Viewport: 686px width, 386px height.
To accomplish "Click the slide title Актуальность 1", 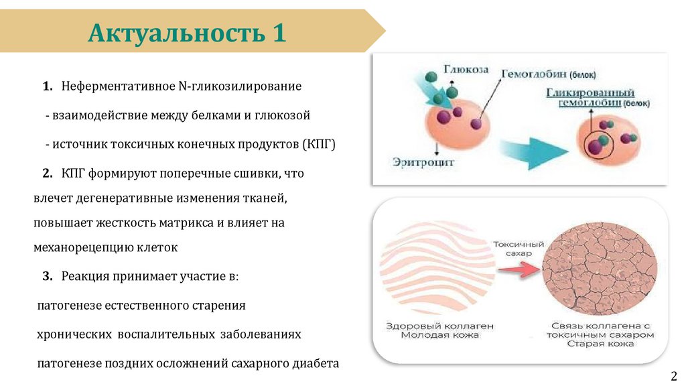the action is coord(188,31).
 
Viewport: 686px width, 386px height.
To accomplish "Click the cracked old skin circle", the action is coord(599,267).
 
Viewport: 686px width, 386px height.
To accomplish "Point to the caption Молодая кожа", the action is coord(439,335).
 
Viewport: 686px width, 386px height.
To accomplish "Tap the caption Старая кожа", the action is coord(599,344).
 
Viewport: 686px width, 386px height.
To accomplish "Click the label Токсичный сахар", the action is coord(519,249).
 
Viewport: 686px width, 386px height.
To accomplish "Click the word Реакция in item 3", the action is coord(86,276).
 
